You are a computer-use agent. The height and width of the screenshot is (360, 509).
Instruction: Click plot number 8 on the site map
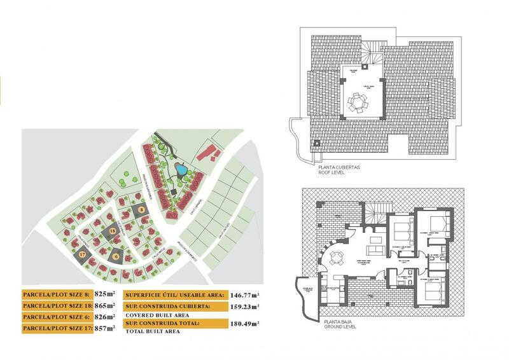click(x=141, y=209)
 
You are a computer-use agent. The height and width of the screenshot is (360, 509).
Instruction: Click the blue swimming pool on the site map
click(x=181, y=170)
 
